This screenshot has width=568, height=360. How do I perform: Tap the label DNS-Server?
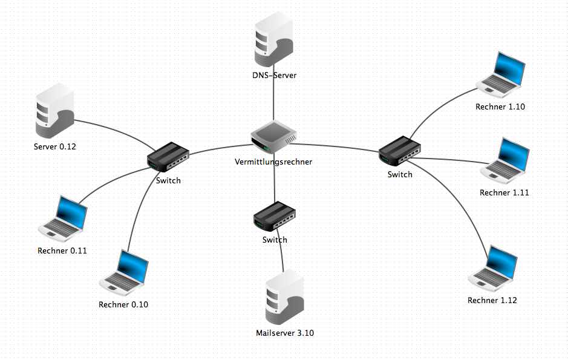(275, 76)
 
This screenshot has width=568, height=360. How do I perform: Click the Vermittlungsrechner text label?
(273, 162)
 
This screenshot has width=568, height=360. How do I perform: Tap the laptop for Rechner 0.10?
(125, 273)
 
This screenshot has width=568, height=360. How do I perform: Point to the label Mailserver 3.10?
(285, 333)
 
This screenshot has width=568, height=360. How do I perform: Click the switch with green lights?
(400, 151)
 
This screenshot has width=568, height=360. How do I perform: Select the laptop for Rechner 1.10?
(501, 76)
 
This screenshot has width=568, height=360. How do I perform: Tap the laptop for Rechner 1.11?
(505, 161)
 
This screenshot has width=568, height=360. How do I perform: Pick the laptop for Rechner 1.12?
(494, 269)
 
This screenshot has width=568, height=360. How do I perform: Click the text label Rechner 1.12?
(492, 300)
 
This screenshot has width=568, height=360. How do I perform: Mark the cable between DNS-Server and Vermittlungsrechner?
(274, 100)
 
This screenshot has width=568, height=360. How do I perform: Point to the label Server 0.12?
(55, 146)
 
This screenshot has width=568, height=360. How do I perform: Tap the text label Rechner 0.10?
(123, 304)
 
